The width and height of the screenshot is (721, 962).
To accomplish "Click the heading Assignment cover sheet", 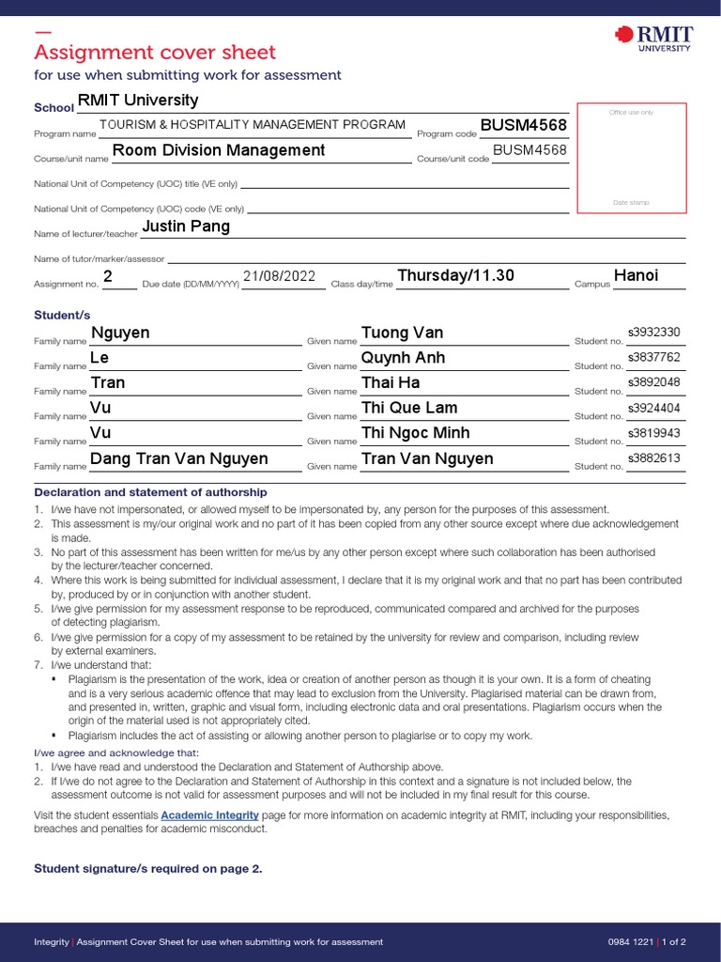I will (x=155, y=53).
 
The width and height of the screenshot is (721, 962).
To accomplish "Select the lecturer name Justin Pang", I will (x=185, y=226).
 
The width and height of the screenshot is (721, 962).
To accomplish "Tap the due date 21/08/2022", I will (x=280, y=276).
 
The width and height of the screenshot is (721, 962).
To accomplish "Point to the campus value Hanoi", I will (x=636, y=275).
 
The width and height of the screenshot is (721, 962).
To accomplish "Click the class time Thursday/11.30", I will (x=455, y=275).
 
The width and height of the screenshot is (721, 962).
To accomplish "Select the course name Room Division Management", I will (x=219, y=150).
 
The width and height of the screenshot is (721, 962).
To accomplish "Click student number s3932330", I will (x=653, y=333).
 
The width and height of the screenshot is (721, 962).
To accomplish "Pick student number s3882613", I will (x=653, y=458).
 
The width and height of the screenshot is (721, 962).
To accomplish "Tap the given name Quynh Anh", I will (x=403, y=358).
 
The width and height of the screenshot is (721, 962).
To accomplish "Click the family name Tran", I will (x=107, y=383).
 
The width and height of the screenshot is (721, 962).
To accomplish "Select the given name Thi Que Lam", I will (x=409, y=408).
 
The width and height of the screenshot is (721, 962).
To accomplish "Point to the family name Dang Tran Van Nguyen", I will (x=178, y=458).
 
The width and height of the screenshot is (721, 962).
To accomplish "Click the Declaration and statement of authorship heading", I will (x=150, y=492).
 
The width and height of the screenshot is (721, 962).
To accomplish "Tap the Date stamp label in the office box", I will (x=631, y=203).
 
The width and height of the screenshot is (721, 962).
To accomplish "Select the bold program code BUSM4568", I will (x=523, y=126).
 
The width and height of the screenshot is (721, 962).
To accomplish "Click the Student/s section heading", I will (x=62, y=315).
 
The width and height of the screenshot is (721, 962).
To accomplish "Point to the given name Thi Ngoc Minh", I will (x=415, y=433).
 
